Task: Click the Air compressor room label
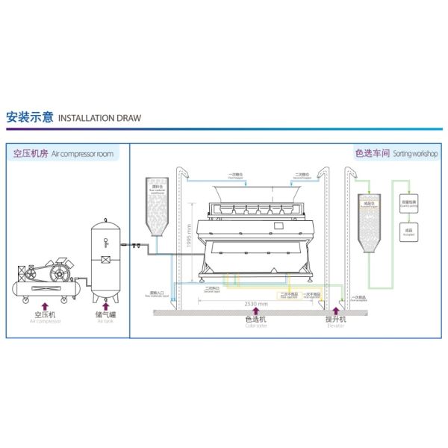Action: [63, 154]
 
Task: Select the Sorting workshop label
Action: [396, 154]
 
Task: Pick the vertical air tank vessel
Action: [105, 254]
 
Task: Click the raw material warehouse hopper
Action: [158, 205]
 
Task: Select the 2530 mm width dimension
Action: [256, 304]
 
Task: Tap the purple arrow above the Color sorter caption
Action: [255, 312]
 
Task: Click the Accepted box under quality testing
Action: [408, 231]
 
